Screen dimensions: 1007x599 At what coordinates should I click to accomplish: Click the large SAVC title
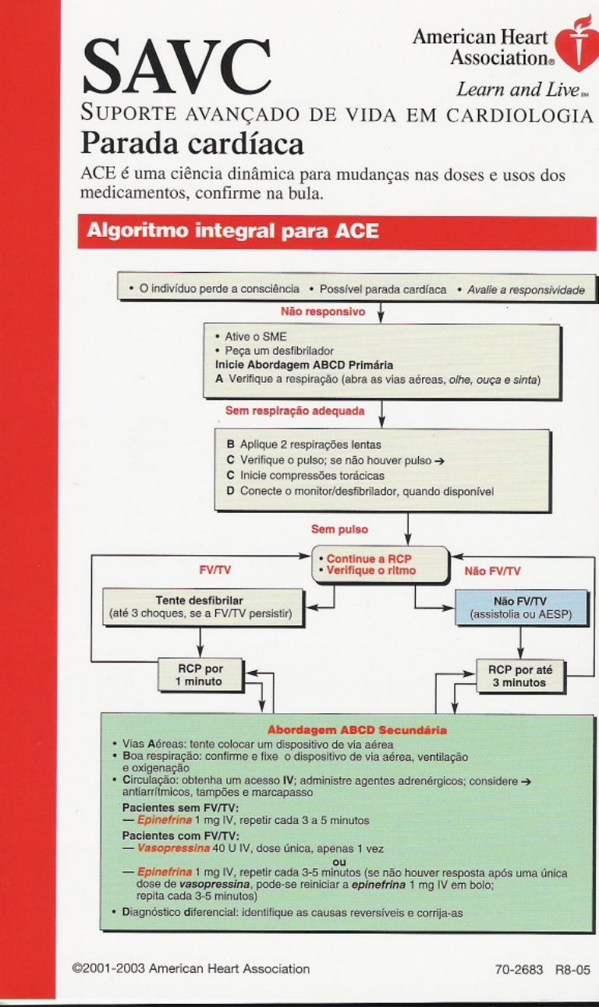(x=177, y=66)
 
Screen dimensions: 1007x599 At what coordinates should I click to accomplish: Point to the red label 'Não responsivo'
(x=323, y=311)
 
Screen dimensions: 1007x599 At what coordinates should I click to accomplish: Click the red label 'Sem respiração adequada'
(x=294, y=409)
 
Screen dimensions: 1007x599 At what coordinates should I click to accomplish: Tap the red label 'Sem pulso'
(x=339, y=529)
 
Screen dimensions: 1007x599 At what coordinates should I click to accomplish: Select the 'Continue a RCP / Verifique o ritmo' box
(x=380, y=565)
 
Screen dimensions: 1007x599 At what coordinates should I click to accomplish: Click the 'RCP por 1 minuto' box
(x=200, y=675)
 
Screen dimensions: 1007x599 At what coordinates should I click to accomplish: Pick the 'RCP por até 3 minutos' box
(x=519, y=676)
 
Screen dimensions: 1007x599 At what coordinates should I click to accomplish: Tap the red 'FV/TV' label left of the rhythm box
(x=215, y=571)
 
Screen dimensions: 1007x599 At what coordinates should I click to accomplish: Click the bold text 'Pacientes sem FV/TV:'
(x=180, y=807)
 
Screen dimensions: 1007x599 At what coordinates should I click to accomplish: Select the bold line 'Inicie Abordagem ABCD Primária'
(x=303, y=364)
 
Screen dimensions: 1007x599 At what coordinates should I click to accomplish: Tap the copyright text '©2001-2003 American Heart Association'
(x=190, y=969)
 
